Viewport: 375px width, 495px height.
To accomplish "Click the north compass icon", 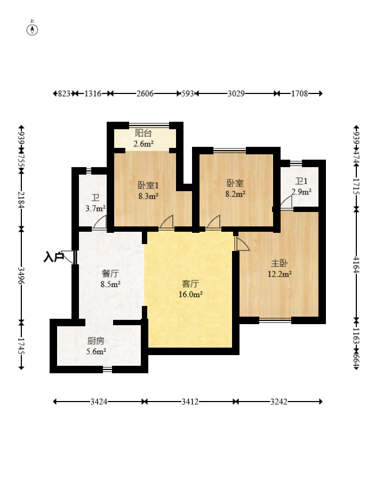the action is [x=32, y=28].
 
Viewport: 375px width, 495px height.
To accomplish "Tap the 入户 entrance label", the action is [x=54, y=257].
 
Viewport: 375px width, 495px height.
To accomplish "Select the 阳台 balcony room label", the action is [x=143, y=133].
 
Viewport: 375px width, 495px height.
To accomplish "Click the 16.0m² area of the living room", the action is [x=190, y=294].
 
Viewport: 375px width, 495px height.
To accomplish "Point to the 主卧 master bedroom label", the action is [x=280, y=263].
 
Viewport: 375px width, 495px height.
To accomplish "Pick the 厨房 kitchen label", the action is [x=96, y=341].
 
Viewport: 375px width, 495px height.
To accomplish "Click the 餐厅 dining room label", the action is [x=110, y=273].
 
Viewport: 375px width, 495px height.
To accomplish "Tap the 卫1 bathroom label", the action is [x=301, y=181].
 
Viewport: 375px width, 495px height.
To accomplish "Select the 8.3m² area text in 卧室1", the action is [x=148, y=196].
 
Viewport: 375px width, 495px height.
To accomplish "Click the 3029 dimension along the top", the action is [x=236, y=93].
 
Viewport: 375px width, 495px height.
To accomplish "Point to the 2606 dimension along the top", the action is [x=145, y=93].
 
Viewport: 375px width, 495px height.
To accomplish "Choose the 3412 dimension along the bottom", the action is [x=190, y=402].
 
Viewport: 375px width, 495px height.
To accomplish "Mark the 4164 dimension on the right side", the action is [x=356, y=264].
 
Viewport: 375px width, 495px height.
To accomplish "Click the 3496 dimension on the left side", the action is [x=21, y=276].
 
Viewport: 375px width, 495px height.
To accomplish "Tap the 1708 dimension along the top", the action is [x=299, y=93].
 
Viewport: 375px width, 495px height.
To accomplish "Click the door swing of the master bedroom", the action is [x=242, y=243].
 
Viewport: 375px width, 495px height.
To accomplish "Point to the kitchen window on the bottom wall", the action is [x=107, y=369].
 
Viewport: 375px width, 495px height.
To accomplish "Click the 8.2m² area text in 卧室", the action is [x=235, y=194].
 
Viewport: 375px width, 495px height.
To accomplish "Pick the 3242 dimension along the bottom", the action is [x=279, y=402].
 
